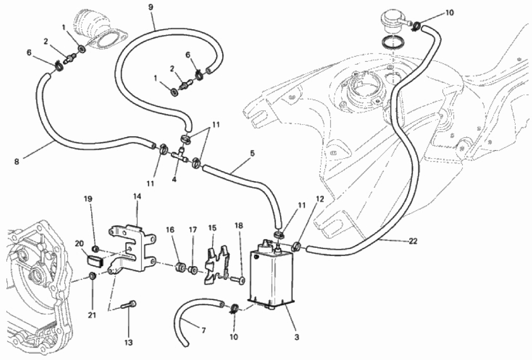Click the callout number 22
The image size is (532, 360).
coord(413,241)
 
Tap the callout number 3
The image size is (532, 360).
coord(297,337)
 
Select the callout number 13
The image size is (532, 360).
coord(128,343)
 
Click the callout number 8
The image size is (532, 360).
coord(17,162)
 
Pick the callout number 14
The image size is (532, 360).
coord(137,196)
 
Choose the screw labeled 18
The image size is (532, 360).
coord(237,280)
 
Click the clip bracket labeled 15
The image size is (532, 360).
coord(216,265)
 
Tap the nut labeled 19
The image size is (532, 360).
coord(96,249)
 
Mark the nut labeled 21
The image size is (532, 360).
coord(92,276)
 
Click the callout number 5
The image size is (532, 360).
coord(252,153)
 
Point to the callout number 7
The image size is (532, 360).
coord(203,330)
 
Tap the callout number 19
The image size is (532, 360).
coord(88,199)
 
